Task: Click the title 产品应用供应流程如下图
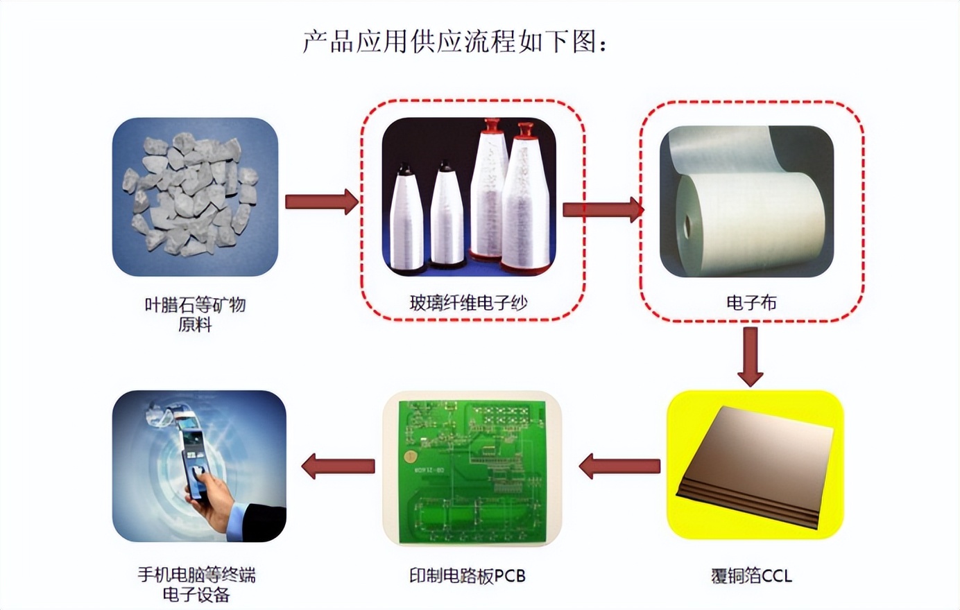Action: pos(450,42)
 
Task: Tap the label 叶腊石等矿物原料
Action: pos(195,315)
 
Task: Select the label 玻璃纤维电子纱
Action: pos(468,303)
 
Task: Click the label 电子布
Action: pos(751,303)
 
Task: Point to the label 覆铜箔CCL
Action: pos(751,576)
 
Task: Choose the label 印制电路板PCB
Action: pos(468,576)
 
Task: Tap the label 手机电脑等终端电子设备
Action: pos(196,585)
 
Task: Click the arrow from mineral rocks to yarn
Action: pos(322,201)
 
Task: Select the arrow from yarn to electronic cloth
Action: pos(603,210)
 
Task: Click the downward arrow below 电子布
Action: pos(751,357)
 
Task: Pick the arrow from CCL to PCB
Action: pos(619,467)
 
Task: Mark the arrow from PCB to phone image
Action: pos(338,467)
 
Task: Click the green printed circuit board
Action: pos(472,471)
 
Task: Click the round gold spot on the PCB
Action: pos(411,457)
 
